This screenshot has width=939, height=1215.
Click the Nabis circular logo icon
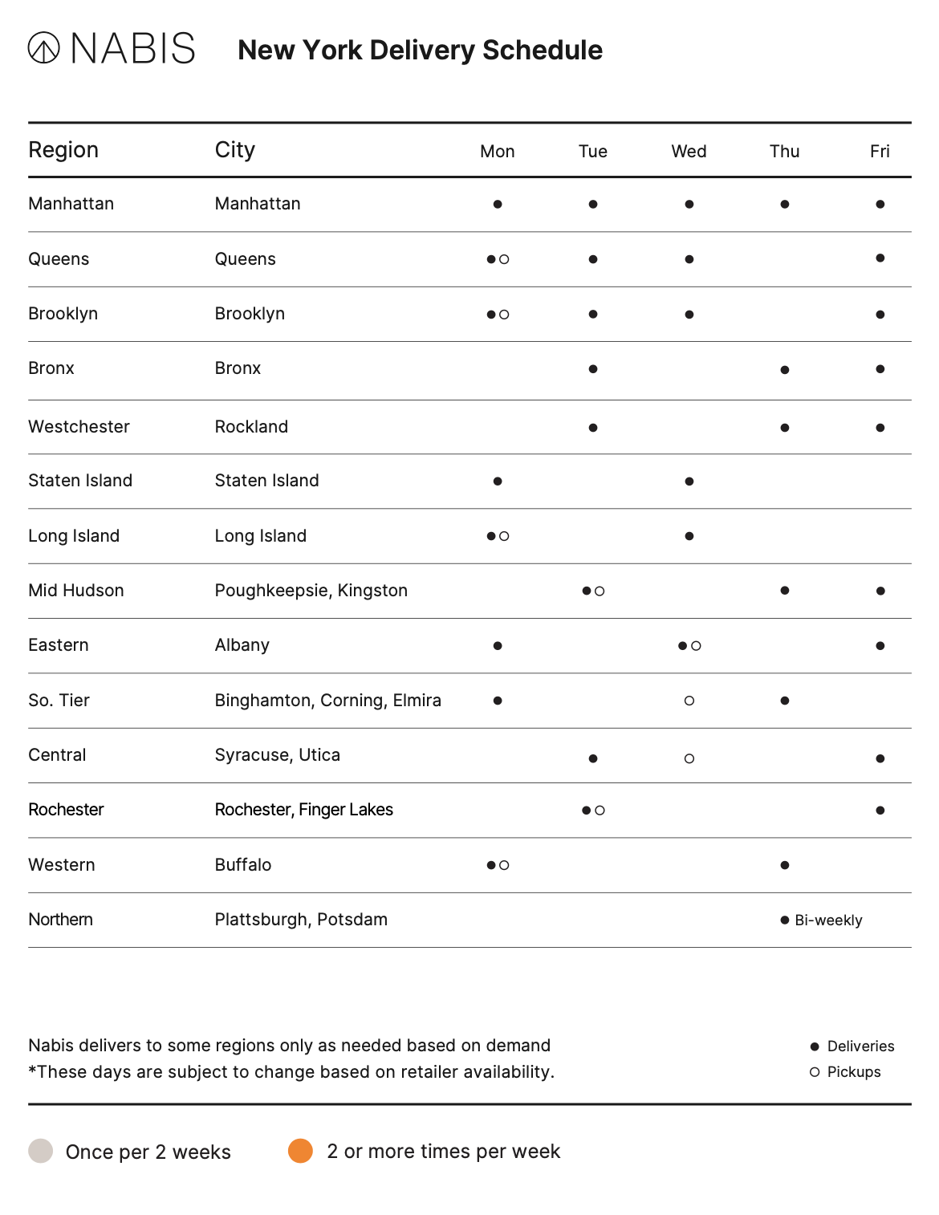point(43,47)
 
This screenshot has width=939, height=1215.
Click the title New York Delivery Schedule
point(420,50)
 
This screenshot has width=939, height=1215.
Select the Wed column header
point(689,152)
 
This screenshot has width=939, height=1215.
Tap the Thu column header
point(784,152)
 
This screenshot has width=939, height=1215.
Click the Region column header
point(63,150)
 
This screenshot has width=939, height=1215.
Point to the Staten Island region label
point(80,481)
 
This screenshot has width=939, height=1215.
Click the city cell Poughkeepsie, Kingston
point(311,591)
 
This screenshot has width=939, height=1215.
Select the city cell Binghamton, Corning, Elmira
point(327,701)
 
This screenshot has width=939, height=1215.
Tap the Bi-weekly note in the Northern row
point(828,920)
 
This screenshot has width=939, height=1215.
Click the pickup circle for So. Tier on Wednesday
point(689,701)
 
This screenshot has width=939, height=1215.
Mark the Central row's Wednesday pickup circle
point(689,758)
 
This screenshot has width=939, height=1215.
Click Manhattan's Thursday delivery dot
point(784,205)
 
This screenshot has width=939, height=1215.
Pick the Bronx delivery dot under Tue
point(592,369)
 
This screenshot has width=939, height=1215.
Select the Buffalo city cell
point(243,865)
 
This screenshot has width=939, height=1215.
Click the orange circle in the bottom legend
point(300,1151)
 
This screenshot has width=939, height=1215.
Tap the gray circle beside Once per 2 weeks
point(41,1151)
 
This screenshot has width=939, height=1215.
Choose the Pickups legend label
point(853,1072)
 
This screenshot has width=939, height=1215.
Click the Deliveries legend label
point(860,1046)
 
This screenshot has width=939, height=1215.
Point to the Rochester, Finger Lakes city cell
point(303,810)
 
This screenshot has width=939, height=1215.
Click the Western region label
point(62,865)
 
